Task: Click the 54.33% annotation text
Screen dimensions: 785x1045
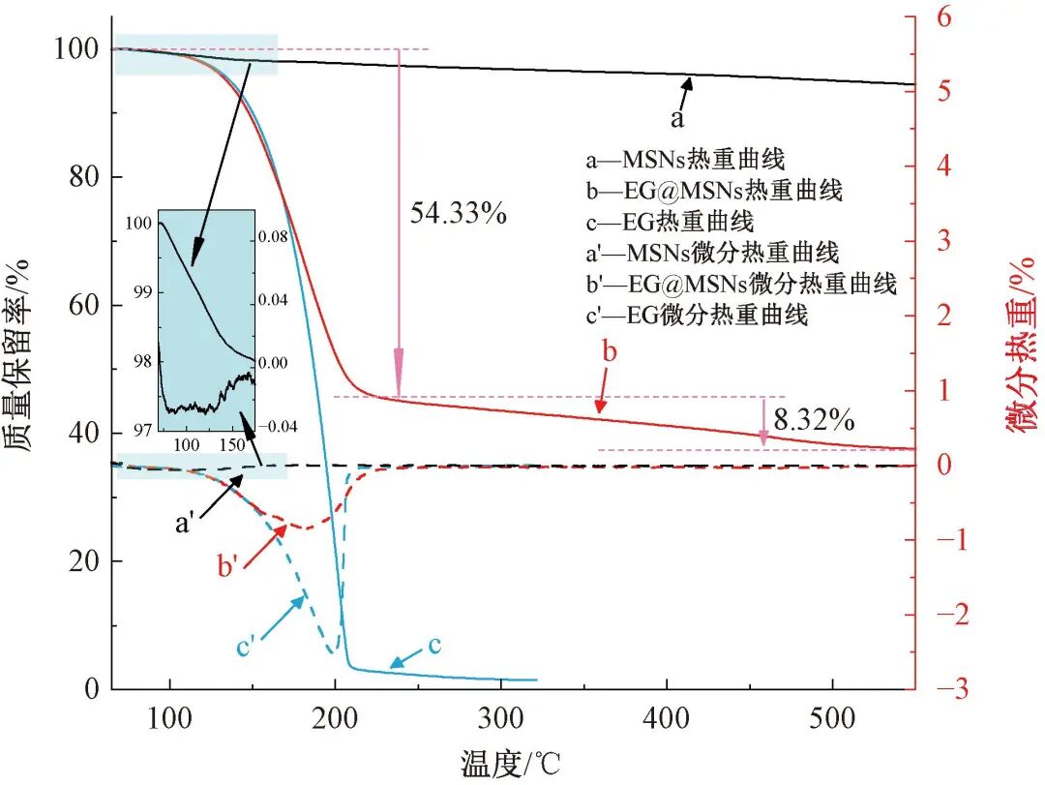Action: [459, 213]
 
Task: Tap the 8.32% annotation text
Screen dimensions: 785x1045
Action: [814, 419]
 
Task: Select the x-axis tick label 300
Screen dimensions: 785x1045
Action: [500, 719]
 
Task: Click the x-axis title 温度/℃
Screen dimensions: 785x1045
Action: [509, 765]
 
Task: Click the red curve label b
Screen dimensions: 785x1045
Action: [610, 351]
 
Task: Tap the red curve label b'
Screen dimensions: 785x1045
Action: [228, 567]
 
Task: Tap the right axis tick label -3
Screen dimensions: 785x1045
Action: [945, 689]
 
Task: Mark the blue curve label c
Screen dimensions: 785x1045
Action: [434, 646]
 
